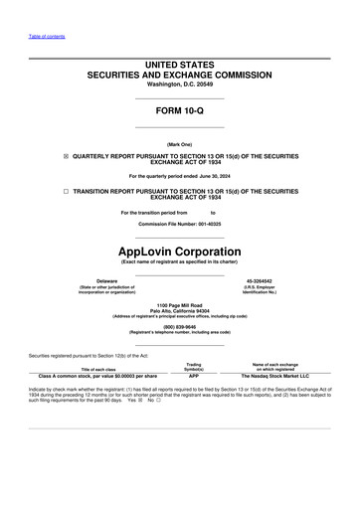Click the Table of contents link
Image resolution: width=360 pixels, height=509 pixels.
[x=46, y=37]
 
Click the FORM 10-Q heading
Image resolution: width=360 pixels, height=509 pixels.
[x=179, y=110]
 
